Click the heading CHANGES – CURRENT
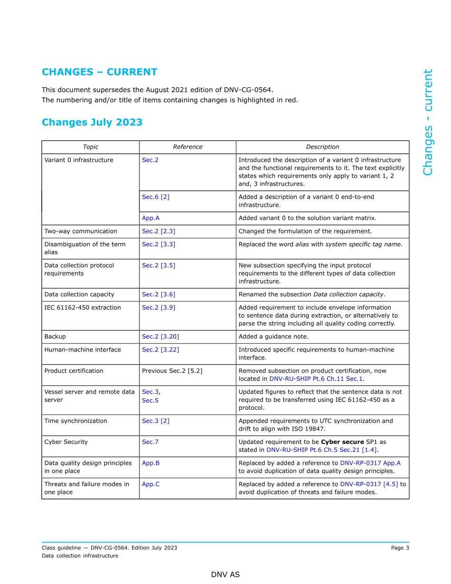click(99, 72)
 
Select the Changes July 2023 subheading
click(92, 122)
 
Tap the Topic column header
click(90, 147)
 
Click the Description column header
click(322, 147)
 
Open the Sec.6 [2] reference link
click(155, 197)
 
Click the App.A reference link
click(150, 218)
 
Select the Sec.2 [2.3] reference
click(159, 231)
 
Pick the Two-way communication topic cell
click(80, 231)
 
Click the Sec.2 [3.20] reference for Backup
click(160, 337)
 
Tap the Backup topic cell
click(55, 337)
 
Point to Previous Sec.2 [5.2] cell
click(172, 371)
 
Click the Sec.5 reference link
click(150, 400)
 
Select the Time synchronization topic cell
click(75, 421)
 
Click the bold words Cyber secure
click(342, 442)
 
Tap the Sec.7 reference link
click(150, 442)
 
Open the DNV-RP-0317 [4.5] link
click(369, 484)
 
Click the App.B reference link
click(150, 463)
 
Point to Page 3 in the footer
click(400, 548)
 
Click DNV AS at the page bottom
click(225, 575)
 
